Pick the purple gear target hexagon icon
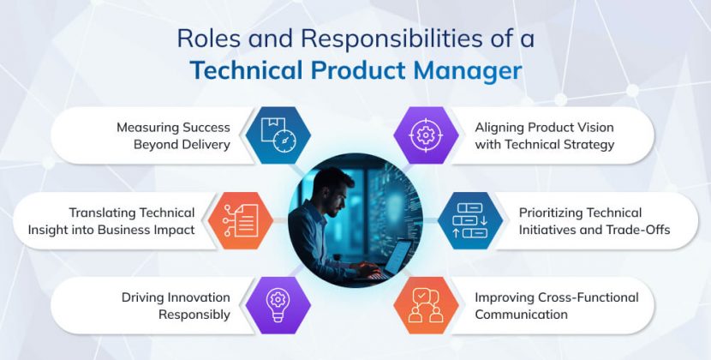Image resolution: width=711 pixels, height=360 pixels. (426, 135)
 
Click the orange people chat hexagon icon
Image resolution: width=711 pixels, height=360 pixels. (426, 305)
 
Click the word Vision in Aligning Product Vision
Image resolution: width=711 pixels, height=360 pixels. (589, 127)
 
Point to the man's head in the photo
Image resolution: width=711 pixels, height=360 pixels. (331, 188)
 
